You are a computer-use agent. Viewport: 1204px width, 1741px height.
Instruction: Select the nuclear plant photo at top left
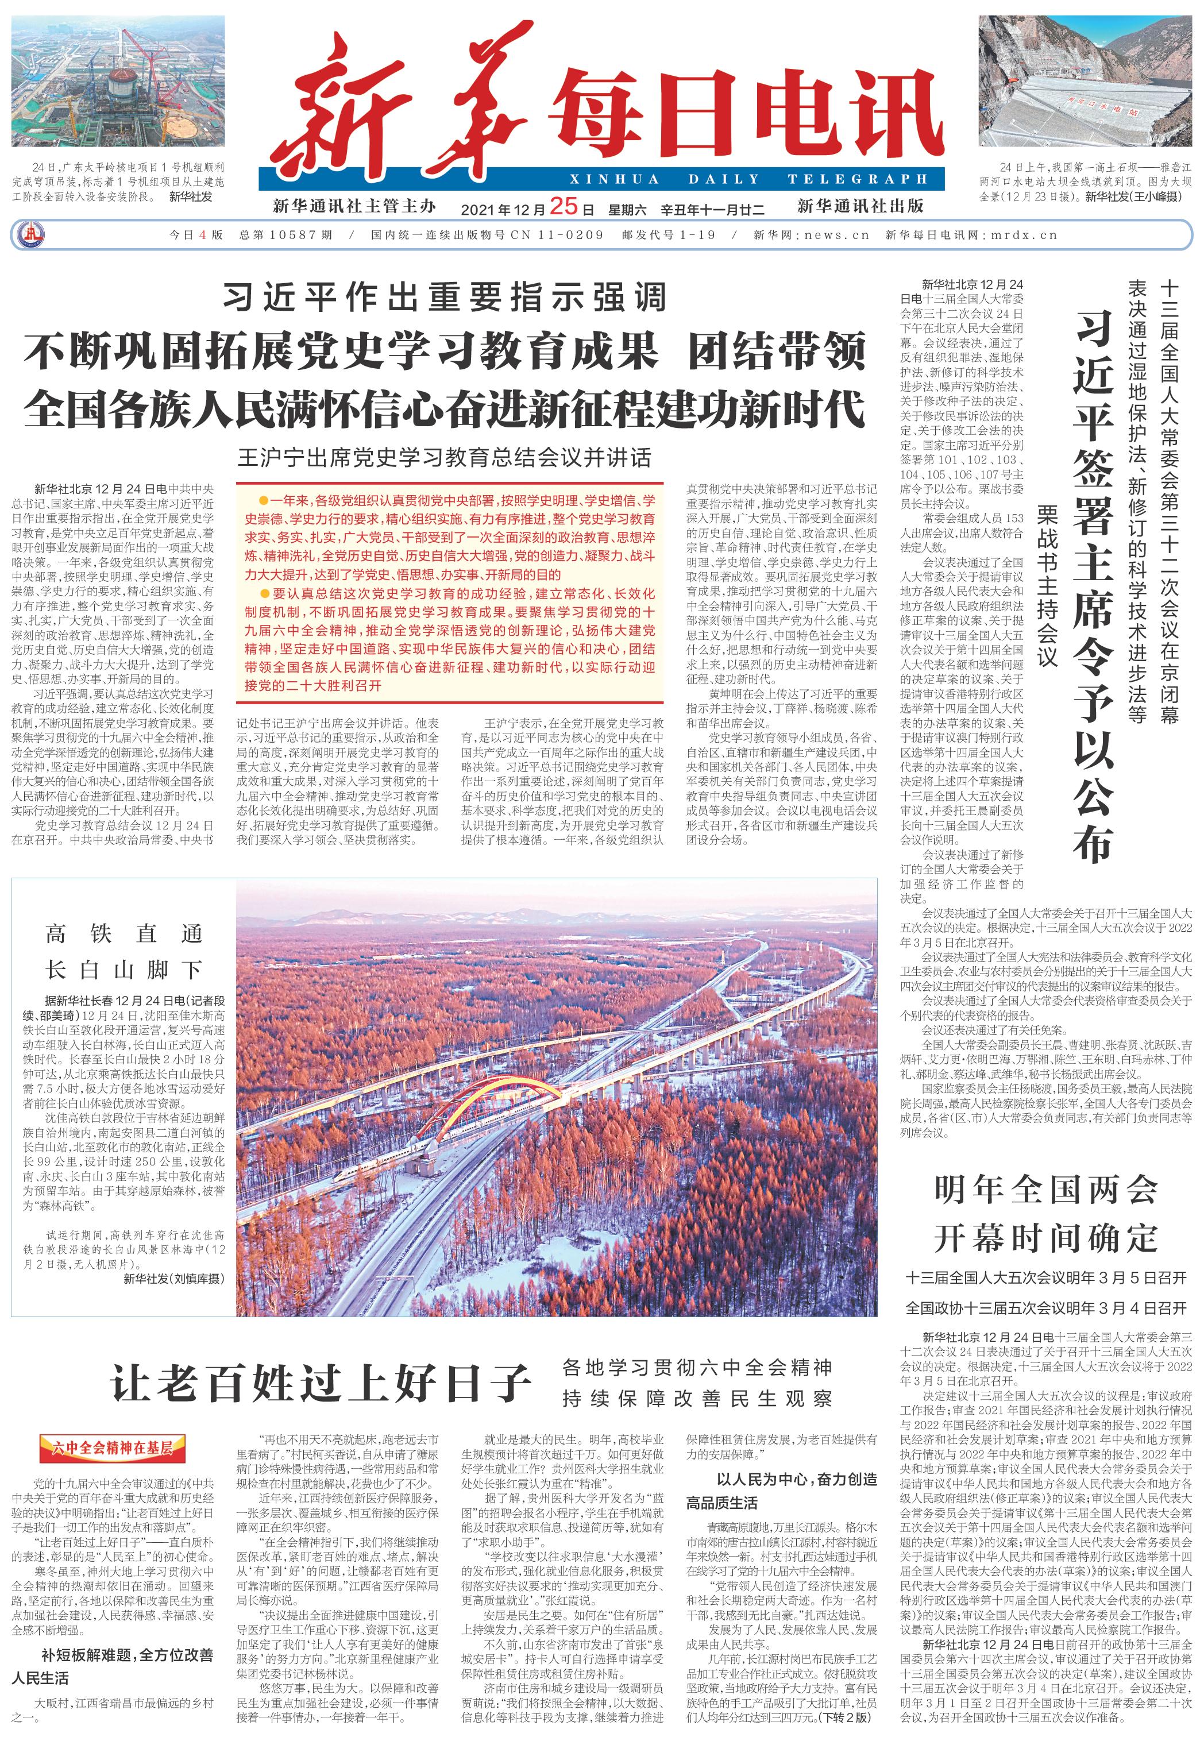coord(118,81)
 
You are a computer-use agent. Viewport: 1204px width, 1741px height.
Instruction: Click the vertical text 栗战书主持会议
coord(1047,585)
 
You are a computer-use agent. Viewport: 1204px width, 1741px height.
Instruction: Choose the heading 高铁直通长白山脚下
coord(124,952)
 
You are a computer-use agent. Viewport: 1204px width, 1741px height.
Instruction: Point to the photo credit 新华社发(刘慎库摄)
coord(173,1279)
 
